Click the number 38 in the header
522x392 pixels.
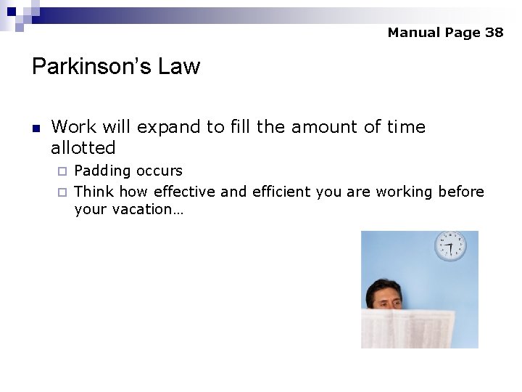(x=494, y=33)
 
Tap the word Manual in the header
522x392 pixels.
(x=414, y=33)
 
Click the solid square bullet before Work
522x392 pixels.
(x=36, y=128)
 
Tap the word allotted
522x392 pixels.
(x=83, y=148)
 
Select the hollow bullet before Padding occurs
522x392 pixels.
(x=62, y=171)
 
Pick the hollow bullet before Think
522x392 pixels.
(x=62, y=192)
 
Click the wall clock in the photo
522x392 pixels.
(x=450, y=246)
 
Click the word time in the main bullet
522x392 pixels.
(x=406, y=127)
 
